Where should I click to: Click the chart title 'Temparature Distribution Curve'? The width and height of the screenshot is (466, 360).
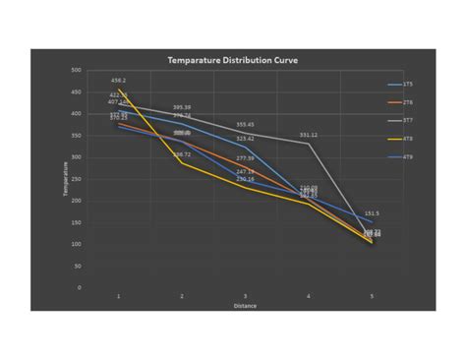tap(233, 60)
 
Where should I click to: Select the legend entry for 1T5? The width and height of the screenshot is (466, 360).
tap(407, 85)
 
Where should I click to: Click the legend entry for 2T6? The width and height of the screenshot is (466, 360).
tap(407, 102)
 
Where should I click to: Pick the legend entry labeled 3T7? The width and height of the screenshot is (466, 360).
tap(407, 120)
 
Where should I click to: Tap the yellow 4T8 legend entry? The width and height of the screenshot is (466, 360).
tap(407, 139)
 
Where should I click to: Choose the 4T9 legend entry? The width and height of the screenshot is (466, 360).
tap(407, 156)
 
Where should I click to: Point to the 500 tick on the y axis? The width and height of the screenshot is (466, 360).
tap(76, 71)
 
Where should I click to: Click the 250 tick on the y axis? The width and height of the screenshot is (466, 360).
tap(76, 179)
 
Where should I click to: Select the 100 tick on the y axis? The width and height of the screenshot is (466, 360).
tap(76, 244)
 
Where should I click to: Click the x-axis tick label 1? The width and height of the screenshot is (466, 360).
tap(119, 296)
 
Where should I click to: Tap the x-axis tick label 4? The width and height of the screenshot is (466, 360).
tap(309, 296)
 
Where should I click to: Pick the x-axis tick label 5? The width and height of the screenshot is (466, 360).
tap(372, 296)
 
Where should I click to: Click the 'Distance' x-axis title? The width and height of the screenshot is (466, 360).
tap(245, 305)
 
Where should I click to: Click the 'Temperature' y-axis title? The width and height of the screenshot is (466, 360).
tap(67, 179)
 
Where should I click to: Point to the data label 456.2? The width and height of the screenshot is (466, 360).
tap(119, 81)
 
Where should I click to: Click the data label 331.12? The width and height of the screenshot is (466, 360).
tap(309, 135)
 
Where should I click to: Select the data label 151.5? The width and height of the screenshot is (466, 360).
tap(372, 212)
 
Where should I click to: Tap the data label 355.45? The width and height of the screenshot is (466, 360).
tap(246, 125)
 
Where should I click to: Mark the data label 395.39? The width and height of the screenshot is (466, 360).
tap(182, 107)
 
